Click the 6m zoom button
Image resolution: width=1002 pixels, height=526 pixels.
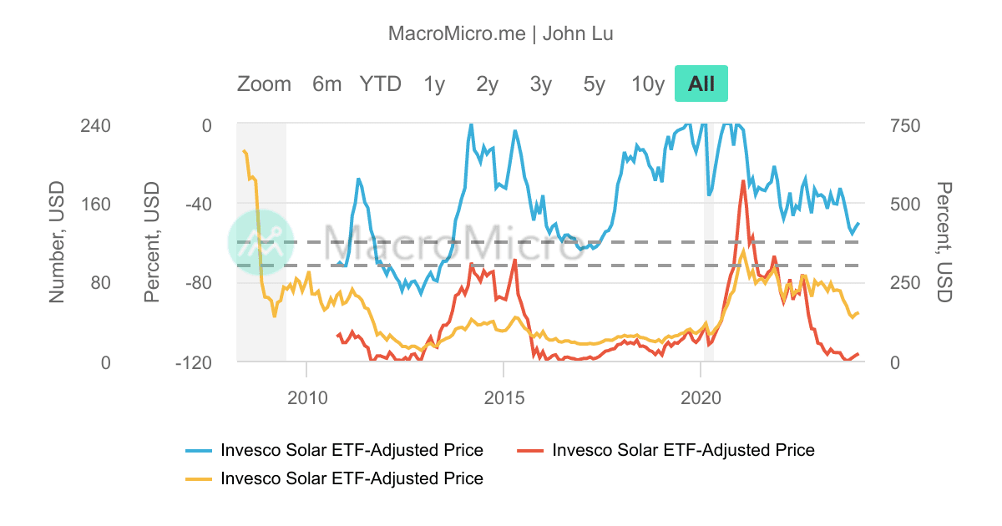pyautogui.click(x=326, y=83)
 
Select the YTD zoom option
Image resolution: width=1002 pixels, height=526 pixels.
pyautogui.click(x=381, y=83)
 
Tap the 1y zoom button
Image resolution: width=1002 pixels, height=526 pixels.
pyautogui.click(x=434, y=83)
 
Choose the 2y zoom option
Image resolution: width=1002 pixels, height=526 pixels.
pyautogui.click(x=488, y=83)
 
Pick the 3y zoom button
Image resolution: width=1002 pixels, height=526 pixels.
pyautogui.click(x=541, y=83)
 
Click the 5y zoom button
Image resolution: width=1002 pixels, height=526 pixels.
pyautogui.click(x=595, y=83)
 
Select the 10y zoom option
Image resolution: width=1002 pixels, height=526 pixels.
pyautogui.click(x=648, y=83)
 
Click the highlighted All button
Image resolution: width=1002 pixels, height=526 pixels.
pyautogui.click(x=701, y=83)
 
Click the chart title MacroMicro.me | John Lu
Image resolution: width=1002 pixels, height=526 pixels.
pyautogui.click(x=501, y=33)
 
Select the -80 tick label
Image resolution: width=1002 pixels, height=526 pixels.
pyautogui.click(x=195, y=283)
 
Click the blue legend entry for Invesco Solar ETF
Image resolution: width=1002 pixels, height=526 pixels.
pyautogui.click(x=351, y=450)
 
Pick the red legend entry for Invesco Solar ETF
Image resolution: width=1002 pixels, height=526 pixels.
pyautogui.click(x=682, y=450)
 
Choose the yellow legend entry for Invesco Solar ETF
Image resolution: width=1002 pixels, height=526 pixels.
pyautogui.click(x=351, y=478)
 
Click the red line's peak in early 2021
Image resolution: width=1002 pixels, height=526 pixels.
pyautogui.click(x=742, y=181)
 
